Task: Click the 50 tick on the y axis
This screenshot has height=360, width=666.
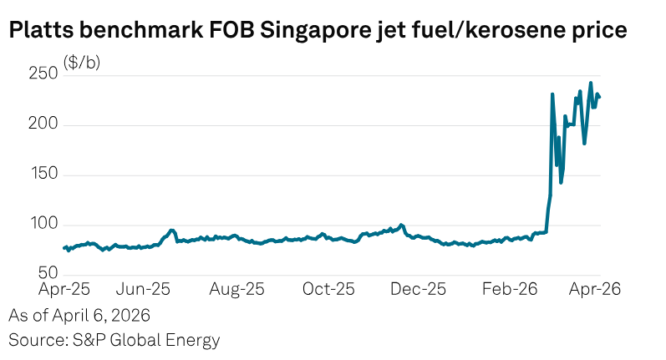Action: click(x=48, y=274)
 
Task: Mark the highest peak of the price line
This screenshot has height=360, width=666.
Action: click(x=591, y=83)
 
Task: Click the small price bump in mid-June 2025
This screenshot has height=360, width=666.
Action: click(x=172, y=231)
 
